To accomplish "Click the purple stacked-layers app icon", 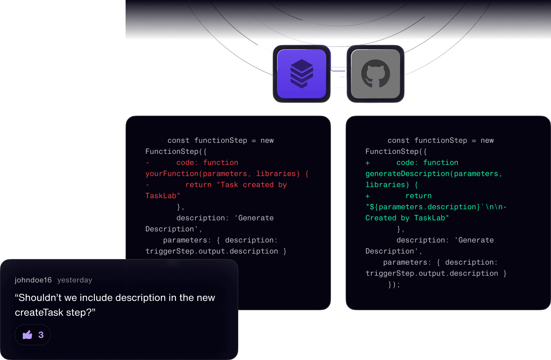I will click(x=302, y=74).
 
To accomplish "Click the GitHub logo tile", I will click(x=376, y=74).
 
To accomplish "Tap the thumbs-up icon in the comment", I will click(x=27, y=335).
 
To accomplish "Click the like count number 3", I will click(x=41, y=335).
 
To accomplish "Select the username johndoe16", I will click(x=33, y=280).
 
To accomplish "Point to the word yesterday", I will click(x=75, y=280).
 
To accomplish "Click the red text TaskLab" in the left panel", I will click(x=163, y=196).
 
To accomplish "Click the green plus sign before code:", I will click(x=368, y=163).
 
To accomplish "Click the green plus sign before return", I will click(x=368, y=196).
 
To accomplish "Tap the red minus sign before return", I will click(x=147, y=185).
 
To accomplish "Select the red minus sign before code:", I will click(x=147, y=163).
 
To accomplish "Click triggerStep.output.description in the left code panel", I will click(x=212, y=251).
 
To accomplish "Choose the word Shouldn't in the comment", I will click(x=38, y=298).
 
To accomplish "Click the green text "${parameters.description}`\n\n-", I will click(x=436, y=207).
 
